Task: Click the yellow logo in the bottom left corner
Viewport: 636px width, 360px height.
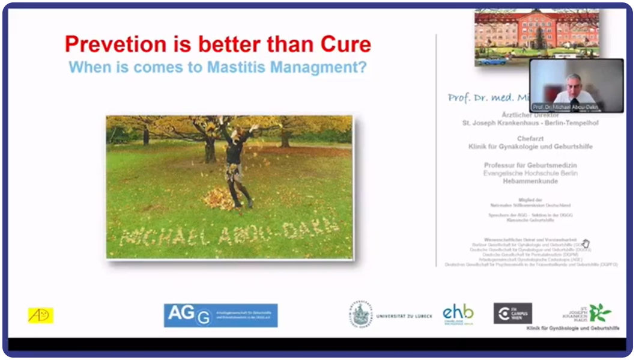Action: click(40, 315)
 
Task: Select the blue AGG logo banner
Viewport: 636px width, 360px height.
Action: click(220, 315)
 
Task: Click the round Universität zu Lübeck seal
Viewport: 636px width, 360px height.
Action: click(361, 314)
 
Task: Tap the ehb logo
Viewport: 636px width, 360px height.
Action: click(458, 313)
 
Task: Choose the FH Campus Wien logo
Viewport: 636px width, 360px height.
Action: click(512, 313)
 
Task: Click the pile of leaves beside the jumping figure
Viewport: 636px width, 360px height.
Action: click(219, 198)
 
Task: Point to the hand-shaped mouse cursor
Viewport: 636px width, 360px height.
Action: click(586, 243)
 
